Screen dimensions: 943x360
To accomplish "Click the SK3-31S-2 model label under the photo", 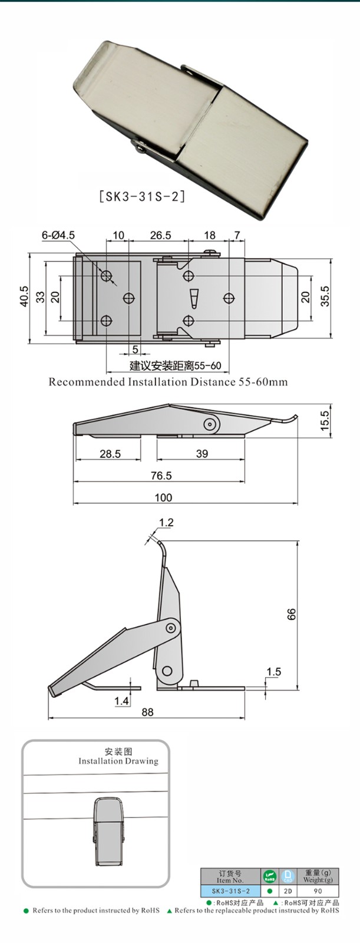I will point(142,196).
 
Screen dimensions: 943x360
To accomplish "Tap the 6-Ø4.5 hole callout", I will point(58,235).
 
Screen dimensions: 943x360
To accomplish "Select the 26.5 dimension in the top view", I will point(160,235).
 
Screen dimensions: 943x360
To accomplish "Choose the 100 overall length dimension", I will point(163,497).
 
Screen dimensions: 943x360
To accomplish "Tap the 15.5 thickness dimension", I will point(325,421).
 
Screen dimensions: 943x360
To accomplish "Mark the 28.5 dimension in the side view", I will point(110,454).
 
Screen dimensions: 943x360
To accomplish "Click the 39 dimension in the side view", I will point(202,454).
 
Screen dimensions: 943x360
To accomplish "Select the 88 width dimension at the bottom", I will point(147,712).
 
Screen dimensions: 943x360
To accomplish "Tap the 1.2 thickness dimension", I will point(166,522).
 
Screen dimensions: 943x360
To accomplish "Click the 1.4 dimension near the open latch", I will point(122,701).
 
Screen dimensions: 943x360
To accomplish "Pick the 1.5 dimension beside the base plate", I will point(273,671).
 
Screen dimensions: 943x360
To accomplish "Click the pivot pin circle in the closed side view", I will point(210,424).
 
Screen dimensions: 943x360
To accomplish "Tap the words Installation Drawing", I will point(118,761).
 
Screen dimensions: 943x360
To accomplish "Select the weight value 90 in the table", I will point(318,891).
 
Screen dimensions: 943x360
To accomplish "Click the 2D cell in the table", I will point(288,891).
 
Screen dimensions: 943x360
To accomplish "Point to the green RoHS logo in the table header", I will point(270,876).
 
